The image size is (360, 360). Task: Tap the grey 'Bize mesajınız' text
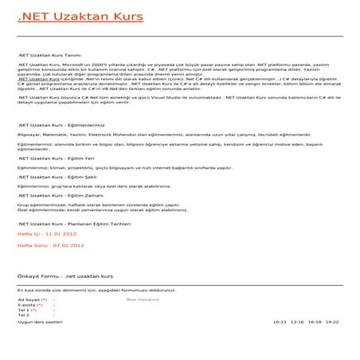143,299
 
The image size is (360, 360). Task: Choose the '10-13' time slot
279,322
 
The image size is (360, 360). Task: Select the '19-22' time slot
331,322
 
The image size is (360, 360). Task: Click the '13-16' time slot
297,322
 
